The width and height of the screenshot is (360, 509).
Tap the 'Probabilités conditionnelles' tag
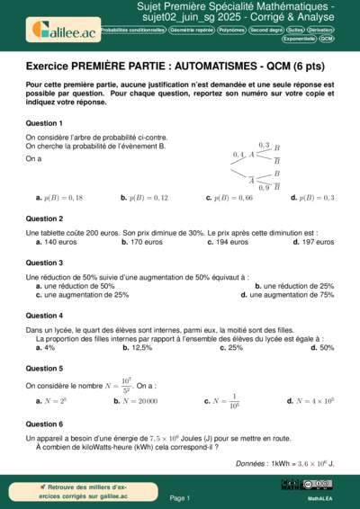coord(132,30)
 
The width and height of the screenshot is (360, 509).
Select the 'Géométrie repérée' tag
coord(193,30)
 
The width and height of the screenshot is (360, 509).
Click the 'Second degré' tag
coord(265,30)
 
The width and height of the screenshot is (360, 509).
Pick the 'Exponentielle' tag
coord(299,40)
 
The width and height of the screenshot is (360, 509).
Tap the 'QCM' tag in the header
coord(326,40)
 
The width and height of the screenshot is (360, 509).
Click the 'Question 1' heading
coord(44,122)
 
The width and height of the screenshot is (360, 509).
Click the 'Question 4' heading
coord(44,316)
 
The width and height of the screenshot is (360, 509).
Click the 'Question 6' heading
coord(44,423)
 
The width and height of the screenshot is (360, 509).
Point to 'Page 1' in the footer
coord(179,497)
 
